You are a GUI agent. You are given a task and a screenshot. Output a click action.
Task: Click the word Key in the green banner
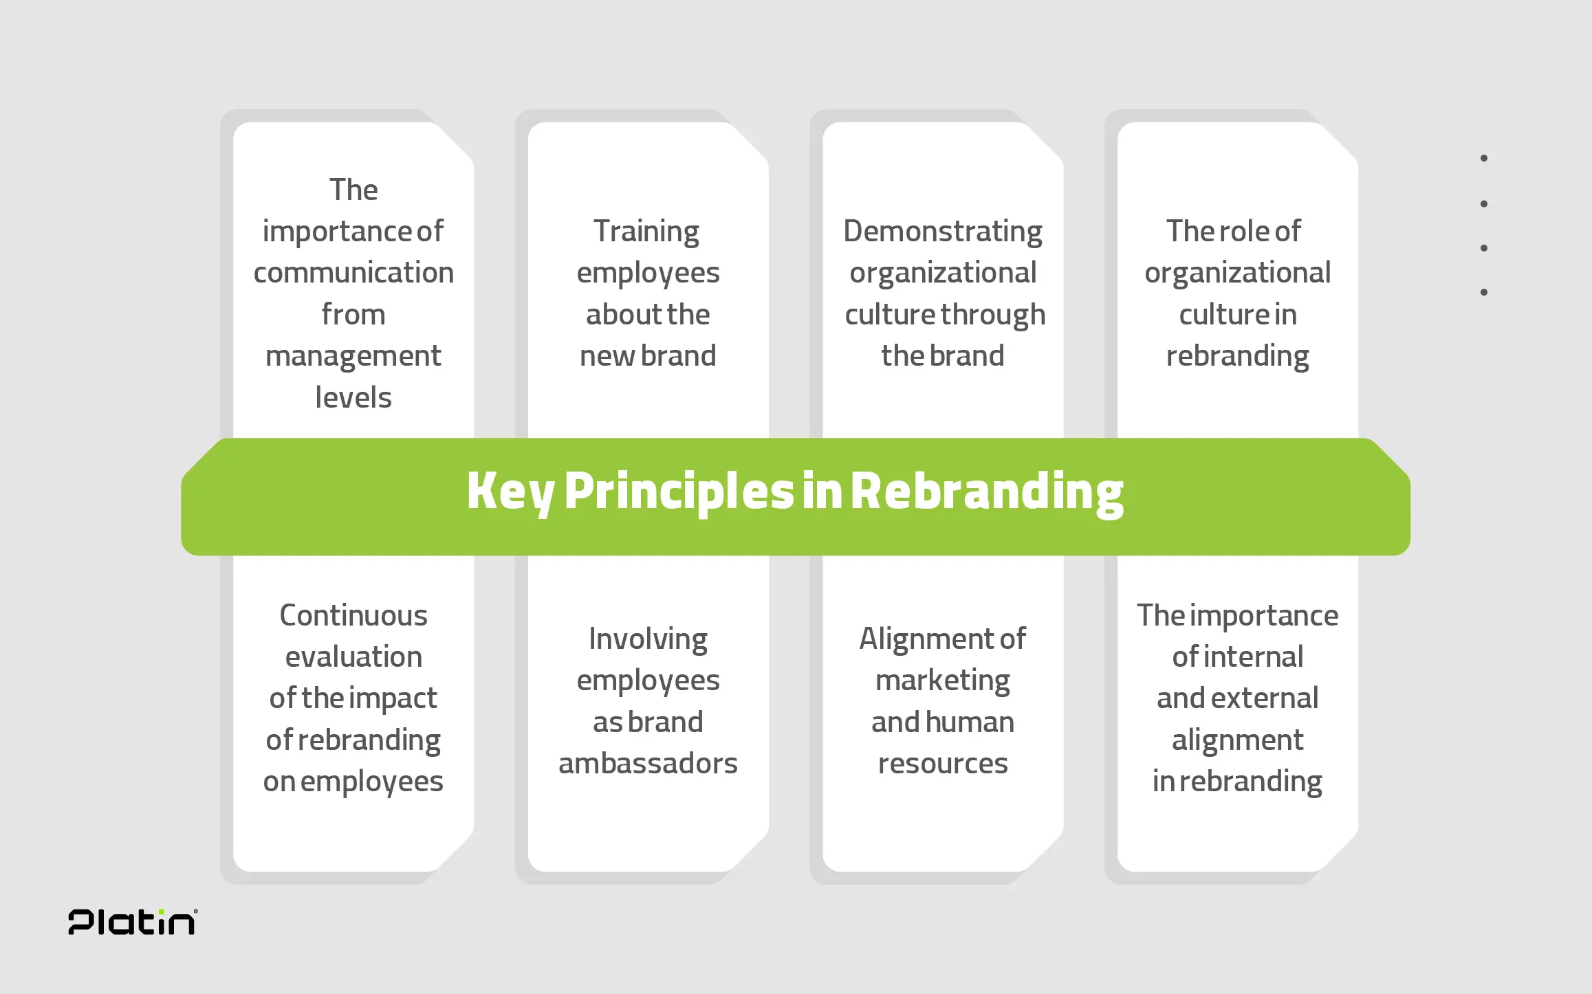[x=510, y=492]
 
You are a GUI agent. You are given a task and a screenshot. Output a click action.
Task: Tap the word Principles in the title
[x=679, y=492]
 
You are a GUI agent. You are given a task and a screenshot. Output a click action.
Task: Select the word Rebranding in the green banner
[x=987, y=492]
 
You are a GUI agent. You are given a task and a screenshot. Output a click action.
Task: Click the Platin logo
[x=133, y=922]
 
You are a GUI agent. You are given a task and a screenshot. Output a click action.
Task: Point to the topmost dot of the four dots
[x=1484, y=158]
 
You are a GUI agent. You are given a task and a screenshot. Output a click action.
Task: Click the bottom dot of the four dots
[x=1484, y=292]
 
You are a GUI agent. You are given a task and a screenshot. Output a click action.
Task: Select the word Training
[x=646, y=232]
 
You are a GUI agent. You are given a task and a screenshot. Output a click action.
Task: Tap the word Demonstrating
[x=943, y=232]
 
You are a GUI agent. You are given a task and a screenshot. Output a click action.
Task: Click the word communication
[x=353, y=273]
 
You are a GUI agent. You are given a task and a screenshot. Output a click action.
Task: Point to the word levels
[x=353, y=397]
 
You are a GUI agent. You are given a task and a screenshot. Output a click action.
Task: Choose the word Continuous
[x=353, y=615]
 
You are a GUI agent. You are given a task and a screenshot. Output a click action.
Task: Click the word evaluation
[x=353, y=657]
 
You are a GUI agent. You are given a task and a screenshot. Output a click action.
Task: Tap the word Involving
[x=648, y=640]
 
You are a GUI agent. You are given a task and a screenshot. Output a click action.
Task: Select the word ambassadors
[x=648, y=764]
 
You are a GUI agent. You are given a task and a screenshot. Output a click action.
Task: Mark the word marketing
[x=943, y=681]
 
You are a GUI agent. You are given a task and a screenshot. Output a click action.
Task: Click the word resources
[x=943, y=764]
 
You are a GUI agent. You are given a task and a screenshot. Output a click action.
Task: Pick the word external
[x=1274, y=698]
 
